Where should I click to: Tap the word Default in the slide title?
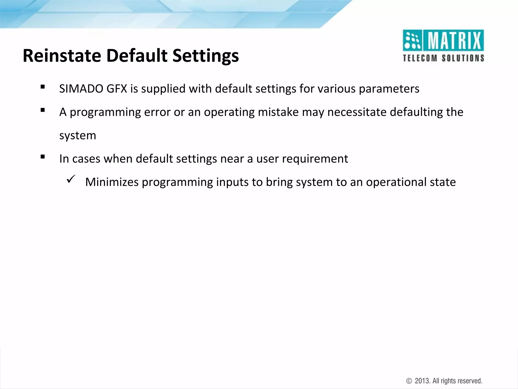137,55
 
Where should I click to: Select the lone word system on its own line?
78,135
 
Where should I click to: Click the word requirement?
315,159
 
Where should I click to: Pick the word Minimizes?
112,182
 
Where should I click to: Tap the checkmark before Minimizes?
70,180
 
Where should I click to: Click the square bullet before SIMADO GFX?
42,87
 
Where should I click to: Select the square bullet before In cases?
42,157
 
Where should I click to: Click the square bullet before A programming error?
42,110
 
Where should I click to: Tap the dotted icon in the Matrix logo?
412,41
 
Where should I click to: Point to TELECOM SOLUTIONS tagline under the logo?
443,58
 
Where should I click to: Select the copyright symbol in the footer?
409,381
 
